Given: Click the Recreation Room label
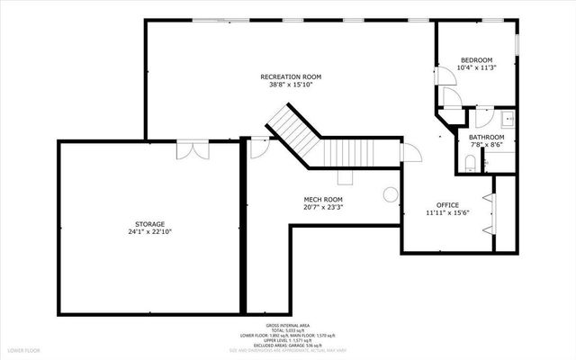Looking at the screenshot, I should [x=291, y=76].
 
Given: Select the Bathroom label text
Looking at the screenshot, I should [x=487, y=138].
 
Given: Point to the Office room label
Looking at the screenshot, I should [x=447, y=205].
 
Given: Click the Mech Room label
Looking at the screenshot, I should [x=323, y=199].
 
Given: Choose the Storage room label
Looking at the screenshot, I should [x=149, y=223].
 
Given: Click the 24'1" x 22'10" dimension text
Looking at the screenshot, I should [x=149, y=232].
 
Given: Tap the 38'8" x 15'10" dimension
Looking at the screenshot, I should [x=291, y=85].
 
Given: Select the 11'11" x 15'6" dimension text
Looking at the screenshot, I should [x=447, y=213].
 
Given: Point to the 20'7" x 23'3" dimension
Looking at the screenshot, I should [x=323, y=208].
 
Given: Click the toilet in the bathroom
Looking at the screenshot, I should [x=470, y=163].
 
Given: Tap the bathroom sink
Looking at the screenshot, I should [x=508, y=118].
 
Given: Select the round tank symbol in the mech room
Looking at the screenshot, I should [x=390, y=193].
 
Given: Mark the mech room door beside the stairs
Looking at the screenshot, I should [x=257, y=147].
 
